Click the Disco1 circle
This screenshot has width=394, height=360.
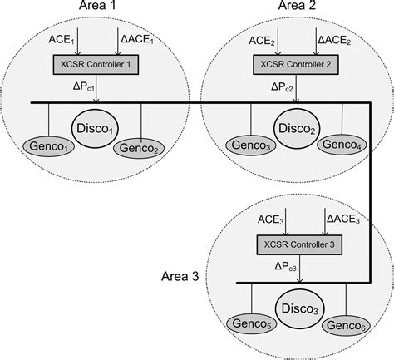[96, 131]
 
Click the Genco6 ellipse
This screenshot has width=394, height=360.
[349, 324]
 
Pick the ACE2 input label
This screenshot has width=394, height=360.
[263, 38]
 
